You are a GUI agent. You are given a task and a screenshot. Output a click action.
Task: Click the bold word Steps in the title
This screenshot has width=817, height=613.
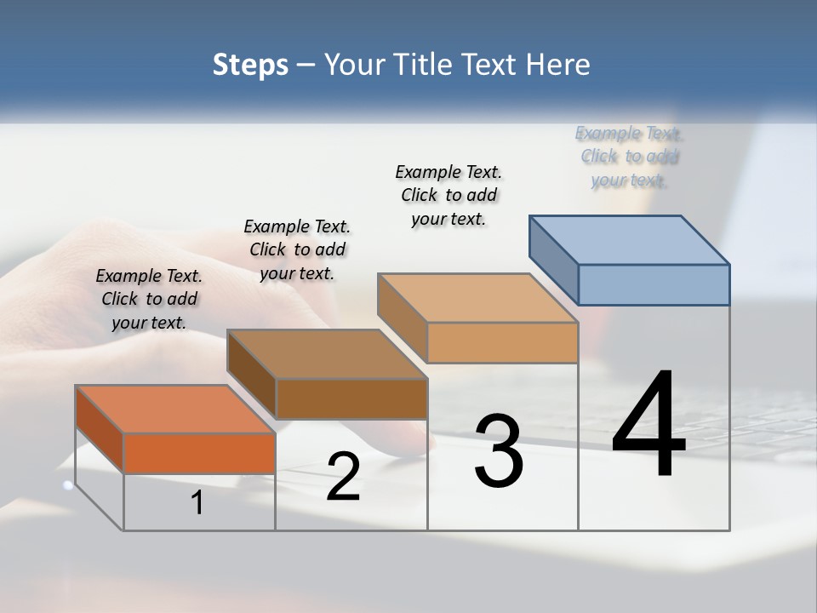[x=250, y=66]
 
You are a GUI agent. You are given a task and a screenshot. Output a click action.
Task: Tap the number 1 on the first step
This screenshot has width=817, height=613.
[x=197, y=503]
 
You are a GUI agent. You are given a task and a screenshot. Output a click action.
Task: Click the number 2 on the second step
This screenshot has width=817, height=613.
[x=343, y=478]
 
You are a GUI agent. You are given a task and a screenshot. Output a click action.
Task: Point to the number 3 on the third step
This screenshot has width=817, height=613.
[x=499, y=451]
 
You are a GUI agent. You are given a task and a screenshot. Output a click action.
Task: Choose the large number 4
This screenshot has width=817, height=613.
[x=648, y=425]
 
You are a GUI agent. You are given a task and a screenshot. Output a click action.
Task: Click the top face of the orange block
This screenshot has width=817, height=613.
[x=174, y=409]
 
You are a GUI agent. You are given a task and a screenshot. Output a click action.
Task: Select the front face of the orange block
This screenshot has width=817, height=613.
[x=199, y=453]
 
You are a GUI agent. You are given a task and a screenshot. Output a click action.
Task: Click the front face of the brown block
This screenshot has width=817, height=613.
[x=351, y=398]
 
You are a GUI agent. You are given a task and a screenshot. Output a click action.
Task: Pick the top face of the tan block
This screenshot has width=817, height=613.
[x=477, y=298]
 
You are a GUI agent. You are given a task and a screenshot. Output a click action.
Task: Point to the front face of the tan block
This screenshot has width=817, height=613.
[x=502, y=343]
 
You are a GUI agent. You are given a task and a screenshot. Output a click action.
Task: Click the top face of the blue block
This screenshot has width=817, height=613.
[x=630, y=239]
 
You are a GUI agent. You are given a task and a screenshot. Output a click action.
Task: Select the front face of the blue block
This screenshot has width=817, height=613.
[x=654, y=284]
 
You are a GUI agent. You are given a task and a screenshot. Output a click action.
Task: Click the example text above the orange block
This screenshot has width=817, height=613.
[x=149, y=299]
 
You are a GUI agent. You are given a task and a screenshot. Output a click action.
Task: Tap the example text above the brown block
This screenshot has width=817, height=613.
[x=297, y=249]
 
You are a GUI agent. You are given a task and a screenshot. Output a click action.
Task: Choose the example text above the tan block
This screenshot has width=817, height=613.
[x=448, y=195]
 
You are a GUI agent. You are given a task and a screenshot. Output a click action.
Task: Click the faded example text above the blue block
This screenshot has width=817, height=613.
[x=629, y=157]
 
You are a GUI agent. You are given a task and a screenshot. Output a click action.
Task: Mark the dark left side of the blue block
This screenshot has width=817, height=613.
[x=553, y=260]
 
